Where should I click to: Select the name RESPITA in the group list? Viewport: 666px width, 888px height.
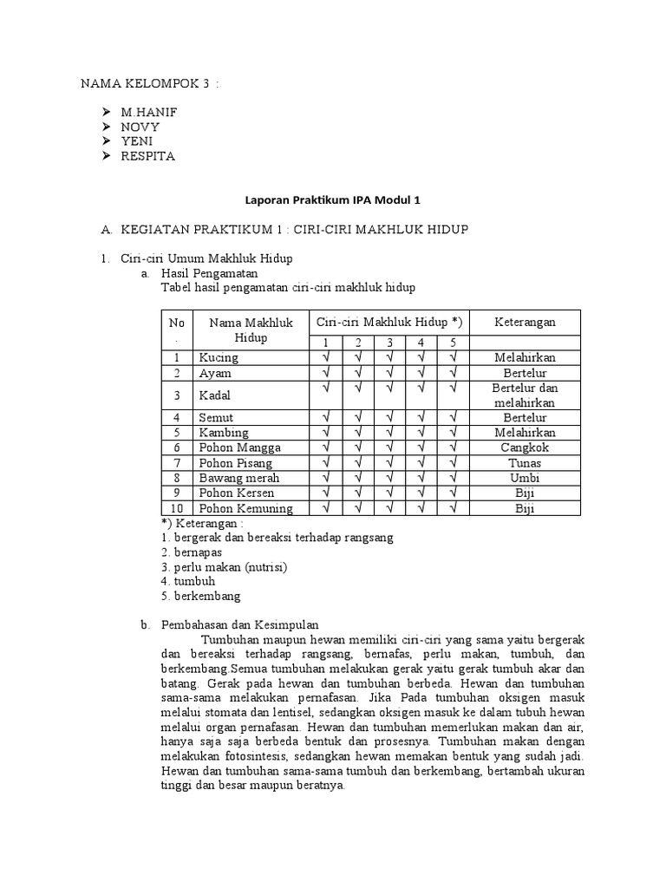[147, 157]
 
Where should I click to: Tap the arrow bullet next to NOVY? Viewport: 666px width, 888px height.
[106, 127]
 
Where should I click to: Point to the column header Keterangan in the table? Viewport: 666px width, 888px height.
[525, 322]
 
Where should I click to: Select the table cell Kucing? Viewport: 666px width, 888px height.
[219, 357]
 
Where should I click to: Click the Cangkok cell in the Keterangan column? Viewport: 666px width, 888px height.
[525, 447]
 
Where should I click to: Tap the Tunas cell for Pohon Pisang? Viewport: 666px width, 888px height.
[525, 463]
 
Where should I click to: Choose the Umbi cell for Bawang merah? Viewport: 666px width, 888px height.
[525, 478]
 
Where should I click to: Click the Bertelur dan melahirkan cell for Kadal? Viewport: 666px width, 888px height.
[525, 395]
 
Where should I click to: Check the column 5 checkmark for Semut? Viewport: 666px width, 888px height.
[453, 417]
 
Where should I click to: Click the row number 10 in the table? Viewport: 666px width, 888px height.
[177, 508]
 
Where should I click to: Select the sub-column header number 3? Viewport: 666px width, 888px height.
[390, 343]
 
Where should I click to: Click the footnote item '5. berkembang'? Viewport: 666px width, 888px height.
[201, 597]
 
